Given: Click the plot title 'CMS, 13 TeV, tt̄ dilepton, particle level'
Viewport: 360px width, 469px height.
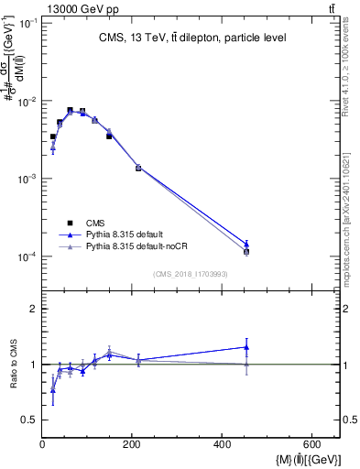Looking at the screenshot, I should (x=192, y=38).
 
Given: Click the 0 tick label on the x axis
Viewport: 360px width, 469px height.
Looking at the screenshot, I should (x=42, y=445).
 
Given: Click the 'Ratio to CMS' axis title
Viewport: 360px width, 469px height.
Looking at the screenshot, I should (x=14, y=364).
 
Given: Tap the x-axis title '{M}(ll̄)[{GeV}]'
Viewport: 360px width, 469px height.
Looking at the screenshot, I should (x=299, y=458).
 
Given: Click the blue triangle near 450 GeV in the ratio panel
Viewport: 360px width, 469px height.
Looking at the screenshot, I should (x=246, y=347).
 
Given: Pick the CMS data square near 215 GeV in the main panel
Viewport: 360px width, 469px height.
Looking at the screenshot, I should (x=138, y=168).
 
